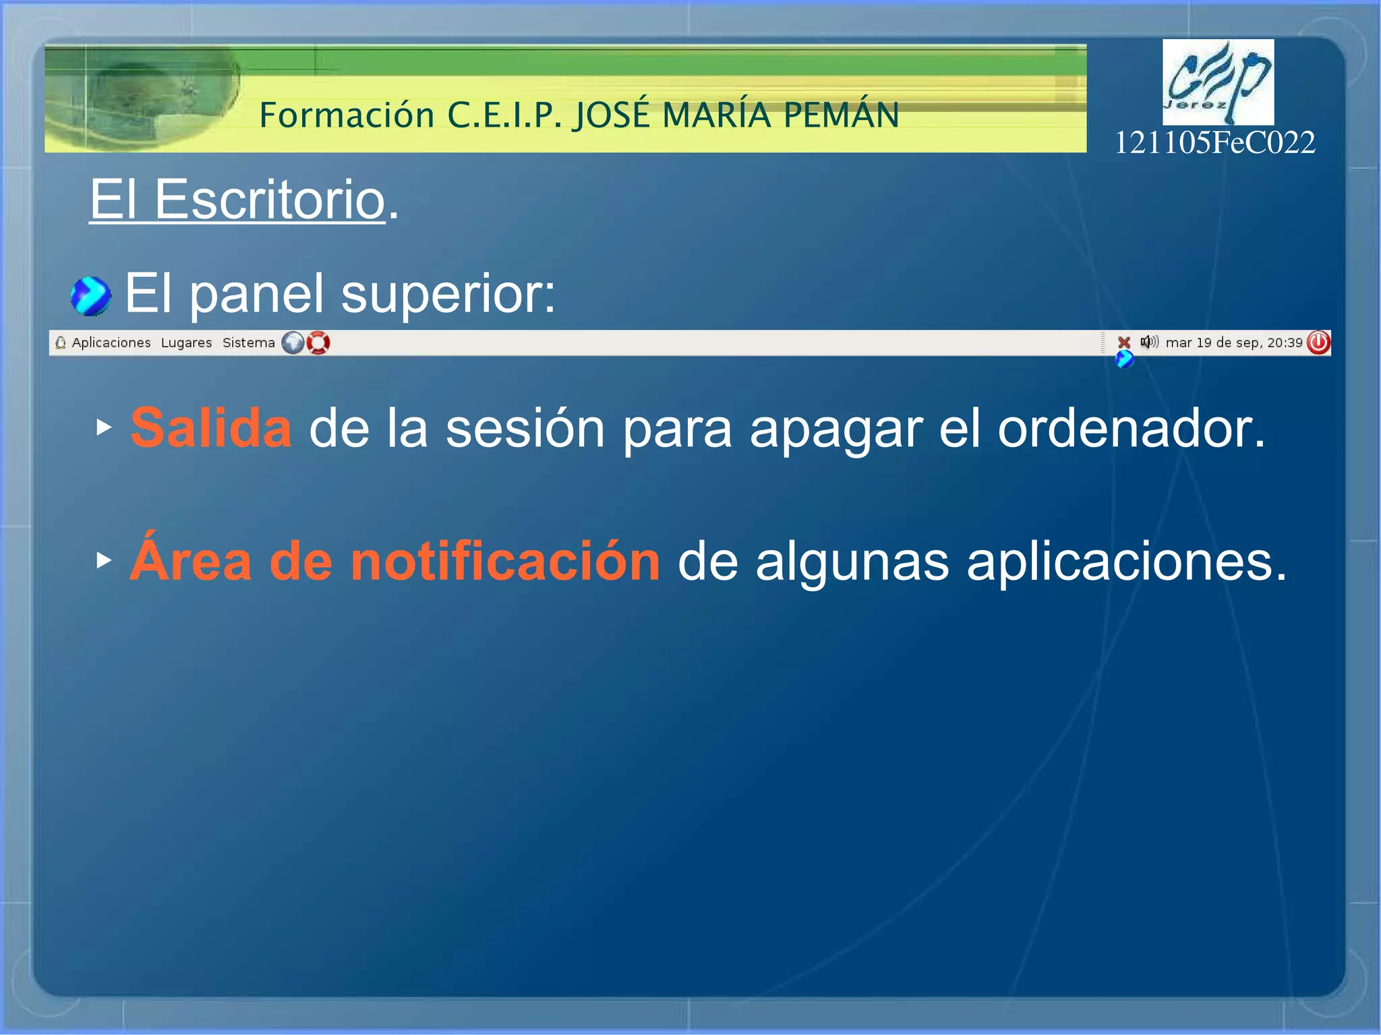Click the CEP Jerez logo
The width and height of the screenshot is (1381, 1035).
pos(1218,82)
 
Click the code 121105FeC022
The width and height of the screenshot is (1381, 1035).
pos(1214,143)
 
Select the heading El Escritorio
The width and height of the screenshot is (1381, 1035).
pos(237,200)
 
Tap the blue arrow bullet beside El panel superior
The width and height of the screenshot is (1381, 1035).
pos(90,296)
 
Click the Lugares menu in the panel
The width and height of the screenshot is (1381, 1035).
pos(186,343)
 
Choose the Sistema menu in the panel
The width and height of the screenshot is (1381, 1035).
pos(248,343)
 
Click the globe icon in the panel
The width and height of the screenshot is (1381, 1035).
pos(293,343)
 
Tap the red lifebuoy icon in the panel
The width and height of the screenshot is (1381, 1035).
pos(318,343)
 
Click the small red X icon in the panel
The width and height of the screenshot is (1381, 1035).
pos(1123,343)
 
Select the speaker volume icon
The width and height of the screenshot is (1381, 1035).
pos(1148,342)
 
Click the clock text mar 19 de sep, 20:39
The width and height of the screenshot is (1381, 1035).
pos(1233,343)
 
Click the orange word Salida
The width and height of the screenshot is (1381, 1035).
pos(211,428)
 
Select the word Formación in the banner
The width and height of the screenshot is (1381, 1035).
pos(347,115)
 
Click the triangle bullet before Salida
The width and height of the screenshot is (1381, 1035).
pos(103,427)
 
